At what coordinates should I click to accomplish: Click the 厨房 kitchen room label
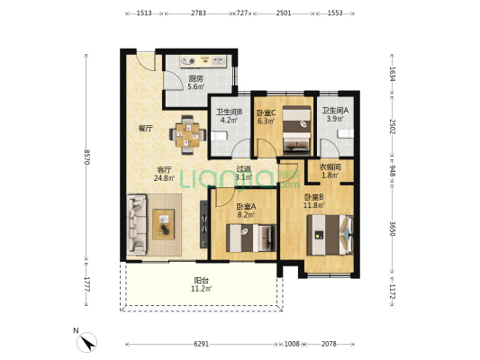tap(195, 78)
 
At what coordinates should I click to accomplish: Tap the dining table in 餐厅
tap(187, 135)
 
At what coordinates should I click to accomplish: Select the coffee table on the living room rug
tap(164, 224)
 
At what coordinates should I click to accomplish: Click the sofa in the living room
tap(137, 225)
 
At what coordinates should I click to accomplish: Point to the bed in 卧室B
tap(330, 235)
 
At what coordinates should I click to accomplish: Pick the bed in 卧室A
tap(251, 238)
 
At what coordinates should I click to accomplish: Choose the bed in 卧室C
tap(296, 129)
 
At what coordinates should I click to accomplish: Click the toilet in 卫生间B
tap(219, 136)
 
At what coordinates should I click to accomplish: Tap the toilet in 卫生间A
tap(346, 134)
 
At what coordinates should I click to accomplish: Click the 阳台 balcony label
tap(202, 280)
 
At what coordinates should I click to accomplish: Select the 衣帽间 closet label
tap(330, 167)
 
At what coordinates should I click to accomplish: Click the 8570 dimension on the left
tap(86, 157)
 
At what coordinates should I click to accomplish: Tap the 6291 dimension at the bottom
tap(201, 344)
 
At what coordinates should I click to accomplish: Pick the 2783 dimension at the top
tap(198, 13)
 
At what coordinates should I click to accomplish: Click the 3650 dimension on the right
tap(393, 228)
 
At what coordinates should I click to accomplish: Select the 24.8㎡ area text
tap(165, 178)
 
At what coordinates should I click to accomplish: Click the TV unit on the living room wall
tap(204, 224)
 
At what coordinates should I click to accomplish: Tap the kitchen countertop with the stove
tap(203, 61)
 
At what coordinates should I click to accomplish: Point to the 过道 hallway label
tap(244, 168)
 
